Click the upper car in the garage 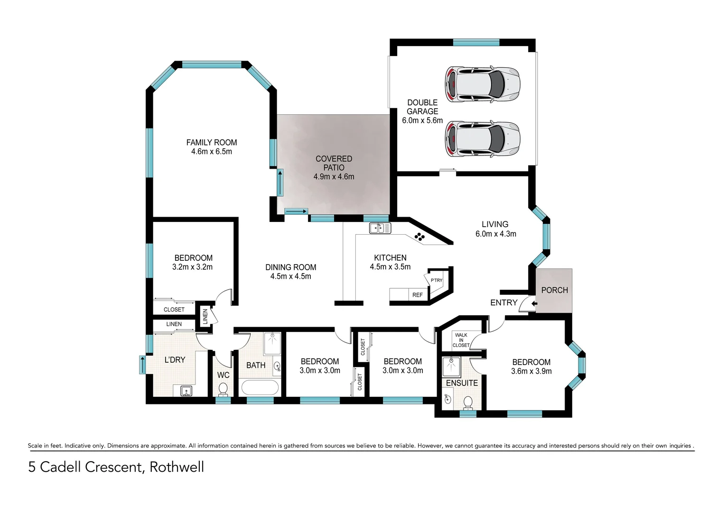click(482, 84)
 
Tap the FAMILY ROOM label click(212, 143)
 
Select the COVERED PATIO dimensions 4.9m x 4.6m click(334, 177)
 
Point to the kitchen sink click(380, 229)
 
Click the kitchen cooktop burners click(419, 237)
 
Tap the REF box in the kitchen click(418, 295)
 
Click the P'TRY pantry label click(437, 280)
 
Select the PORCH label click(554, 290)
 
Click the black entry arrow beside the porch click(534, 303)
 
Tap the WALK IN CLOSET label click(461, 340)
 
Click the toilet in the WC click(223, 390)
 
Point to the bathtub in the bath click(260, 388)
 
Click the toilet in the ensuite click(468, 402)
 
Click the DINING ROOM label click(290, 267)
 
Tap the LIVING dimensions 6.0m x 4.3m click(495, 234)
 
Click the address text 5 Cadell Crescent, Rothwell click(116, 467)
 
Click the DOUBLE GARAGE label click(422, 107)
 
